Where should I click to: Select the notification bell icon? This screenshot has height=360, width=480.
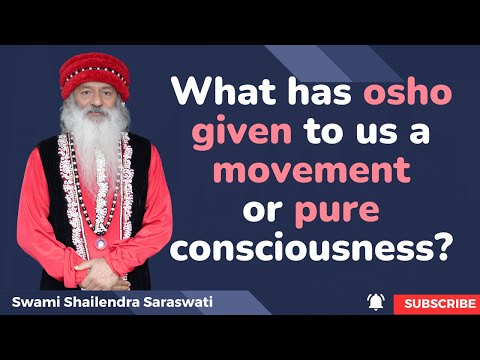pyautogui.click(x=376, y=302)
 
